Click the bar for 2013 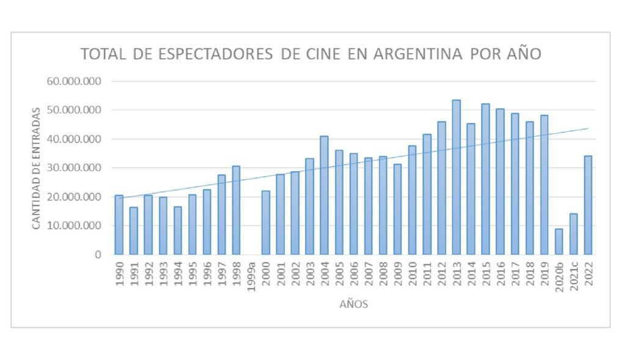coord(456,177)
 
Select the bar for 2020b coord(559,241)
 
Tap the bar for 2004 coord(324,195)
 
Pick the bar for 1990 coord(119,225)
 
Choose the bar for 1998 coord(236,210)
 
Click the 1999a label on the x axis coord(251,276)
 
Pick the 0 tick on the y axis coord(98,255)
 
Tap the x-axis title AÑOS coord(353,304)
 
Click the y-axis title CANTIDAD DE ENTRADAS coord(36,168)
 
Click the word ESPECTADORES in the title coord(215,54)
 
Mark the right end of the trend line coord(588,128)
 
